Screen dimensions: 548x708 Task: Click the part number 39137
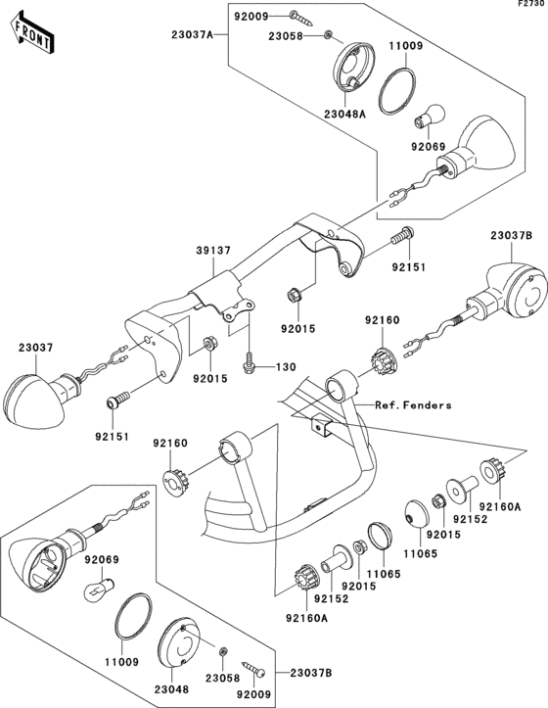(213, 251)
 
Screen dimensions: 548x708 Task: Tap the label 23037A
(192, 34)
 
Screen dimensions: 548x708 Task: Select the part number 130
(286, 367)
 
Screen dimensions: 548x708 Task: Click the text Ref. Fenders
(413, 405)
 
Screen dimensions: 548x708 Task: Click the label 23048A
(344, 115)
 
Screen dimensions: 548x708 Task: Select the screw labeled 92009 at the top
(301, 18)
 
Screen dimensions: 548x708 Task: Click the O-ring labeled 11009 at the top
(396, 91)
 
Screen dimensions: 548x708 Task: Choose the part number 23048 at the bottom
(171, 689)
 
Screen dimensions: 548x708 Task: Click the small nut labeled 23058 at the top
(329, 34)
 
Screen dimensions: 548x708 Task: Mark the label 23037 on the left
(35, 348)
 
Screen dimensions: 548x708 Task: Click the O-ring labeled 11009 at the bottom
(133, 617)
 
